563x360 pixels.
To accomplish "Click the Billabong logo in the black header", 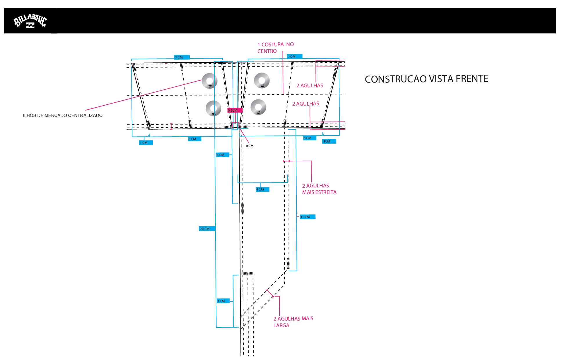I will click(x=30, y=21).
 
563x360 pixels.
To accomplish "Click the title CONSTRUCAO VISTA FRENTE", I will click(x=426, y=79).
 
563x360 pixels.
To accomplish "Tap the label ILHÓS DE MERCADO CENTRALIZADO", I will click(x=63, y=115).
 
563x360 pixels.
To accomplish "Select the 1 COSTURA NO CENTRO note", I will click(x=275, y=48).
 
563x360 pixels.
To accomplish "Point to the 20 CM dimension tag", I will click(x=207, y=229).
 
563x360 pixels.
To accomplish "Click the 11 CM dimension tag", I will click(x=307, y=217).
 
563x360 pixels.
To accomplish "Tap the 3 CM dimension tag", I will click(x=223, y=301).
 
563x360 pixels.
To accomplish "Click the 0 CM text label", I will click(x=249, y=146).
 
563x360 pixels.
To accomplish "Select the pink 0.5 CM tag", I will click(x=234, y=111).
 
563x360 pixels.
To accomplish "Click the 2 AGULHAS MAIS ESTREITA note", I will click(x=319, y=189).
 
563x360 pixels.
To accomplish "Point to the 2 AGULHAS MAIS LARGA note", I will click(x=293, y=322).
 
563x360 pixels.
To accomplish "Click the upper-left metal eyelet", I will click(x=209, y=81).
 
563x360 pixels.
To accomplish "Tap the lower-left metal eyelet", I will click(x=213, y=108).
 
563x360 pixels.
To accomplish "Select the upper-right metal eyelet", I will click(x=262, y=80).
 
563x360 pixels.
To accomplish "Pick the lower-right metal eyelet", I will click(x=258, y=107).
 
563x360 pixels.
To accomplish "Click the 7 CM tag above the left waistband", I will click(x=182, y=57).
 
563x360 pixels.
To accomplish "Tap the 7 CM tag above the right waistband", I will click(x=294, y=57).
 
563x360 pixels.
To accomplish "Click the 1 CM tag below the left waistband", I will click(x=146, y=143).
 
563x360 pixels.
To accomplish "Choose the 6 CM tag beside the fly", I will click(x=222, y=155).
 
